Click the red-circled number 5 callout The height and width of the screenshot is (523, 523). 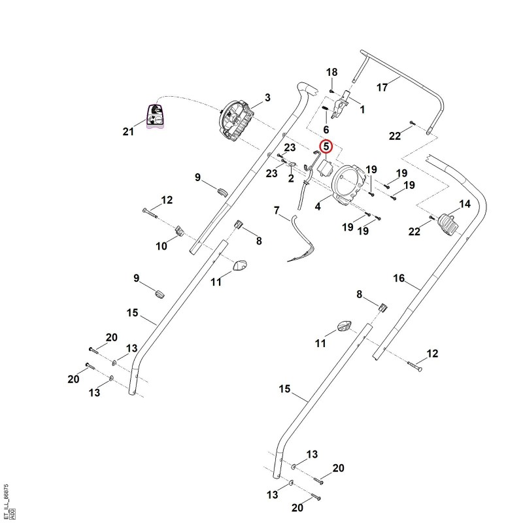tap(326, 146)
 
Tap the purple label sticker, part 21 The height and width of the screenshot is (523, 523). tap(155, 116)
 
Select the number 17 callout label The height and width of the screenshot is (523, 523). tap(382, 88)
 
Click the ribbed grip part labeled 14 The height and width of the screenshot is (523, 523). tap(447, 224)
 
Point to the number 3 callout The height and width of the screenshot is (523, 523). tap(267, 97)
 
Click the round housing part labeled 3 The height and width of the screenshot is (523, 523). tap(235, 120)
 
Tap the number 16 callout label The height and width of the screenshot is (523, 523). tap(399, 278)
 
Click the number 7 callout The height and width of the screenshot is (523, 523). tap(276, 211)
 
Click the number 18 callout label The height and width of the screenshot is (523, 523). tap(331, 72)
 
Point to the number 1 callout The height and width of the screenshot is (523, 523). tap(362, 109)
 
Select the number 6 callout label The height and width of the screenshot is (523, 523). tap(326, 129)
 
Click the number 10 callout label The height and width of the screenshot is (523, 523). tap(161, 246)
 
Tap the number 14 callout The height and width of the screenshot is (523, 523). tap(465, 204)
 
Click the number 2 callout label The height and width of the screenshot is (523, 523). tap(291, 178)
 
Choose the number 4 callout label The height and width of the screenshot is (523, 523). tap(318, 207)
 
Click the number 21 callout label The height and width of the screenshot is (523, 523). tap(128, 131)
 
